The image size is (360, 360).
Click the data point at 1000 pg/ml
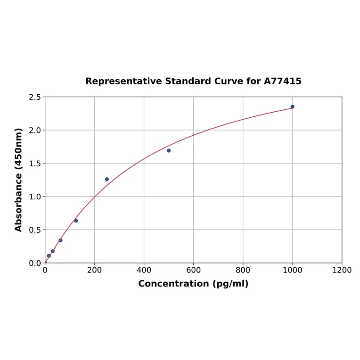tap(292, 107)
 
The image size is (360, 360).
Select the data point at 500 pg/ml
tap(169, 151)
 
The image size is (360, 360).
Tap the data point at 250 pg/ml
tap(107, 179)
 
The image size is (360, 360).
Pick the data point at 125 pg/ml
tap(76, 221)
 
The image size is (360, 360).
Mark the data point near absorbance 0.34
tap(60, 240)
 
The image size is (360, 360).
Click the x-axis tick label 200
tap(94, 270)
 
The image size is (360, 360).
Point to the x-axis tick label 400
tap(144, 270)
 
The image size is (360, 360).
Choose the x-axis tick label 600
tap(193, 270)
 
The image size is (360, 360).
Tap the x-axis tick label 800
tap(243, 270)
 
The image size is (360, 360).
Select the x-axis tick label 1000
tap(292, 270)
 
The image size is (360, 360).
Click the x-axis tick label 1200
tap(342, 270)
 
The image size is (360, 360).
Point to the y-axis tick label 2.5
tap(35, 97)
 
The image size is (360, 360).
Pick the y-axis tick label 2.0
tap(35, 130)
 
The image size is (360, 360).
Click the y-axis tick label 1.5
tap(35, 164)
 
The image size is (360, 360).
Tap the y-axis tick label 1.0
tap(35, 196)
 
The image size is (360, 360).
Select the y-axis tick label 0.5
tap(35, 230)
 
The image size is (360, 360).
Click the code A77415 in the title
tap(282, 81)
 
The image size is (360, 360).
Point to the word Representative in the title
tap(123, 81)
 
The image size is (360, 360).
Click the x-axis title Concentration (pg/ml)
tap(193, 284)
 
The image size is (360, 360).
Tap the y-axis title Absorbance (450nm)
tap(19, 180)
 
